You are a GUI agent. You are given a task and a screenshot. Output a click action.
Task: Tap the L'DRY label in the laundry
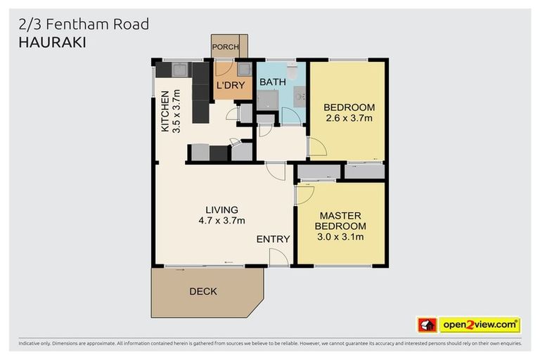coord(230,86)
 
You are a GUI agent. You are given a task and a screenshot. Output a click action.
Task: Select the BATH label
coord(273,82)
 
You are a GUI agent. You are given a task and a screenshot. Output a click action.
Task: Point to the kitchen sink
coord(180,69)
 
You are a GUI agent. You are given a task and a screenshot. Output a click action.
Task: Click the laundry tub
coord(245,69)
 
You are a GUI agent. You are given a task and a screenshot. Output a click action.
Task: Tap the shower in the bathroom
coord(267,101)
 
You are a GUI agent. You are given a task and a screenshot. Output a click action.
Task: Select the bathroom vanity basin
coord(300,98)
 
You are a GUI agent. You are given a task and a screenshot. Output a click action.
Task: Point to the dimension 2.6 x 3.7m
coord(349,118)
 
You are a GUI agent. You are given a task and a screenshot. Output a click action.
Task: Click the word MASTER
coord(340,215)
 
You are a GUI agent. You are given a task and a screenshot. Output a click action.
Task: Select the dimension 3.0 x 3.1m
coord(340,236)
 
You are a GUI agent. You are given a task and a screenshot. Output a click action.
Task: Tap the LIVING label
coord(221,210)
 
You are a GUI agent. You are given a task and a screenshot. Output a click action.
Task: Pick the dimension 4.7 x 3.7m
coord(221,221)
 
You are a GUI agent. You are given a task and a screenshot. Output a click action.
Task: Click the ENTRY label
coord(273,239)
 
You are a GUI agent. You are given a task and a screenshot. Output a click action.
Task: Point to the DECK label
coord(203,291)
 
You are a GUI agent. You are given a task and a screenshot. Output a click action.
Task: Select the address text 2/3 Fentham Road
coord(84,24)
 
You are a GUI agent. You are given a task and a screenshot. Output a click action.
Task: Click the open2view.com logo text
coord(480,325)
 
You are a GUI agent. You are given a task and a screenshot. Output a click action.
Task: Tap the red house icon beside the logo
coord(427,325)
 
